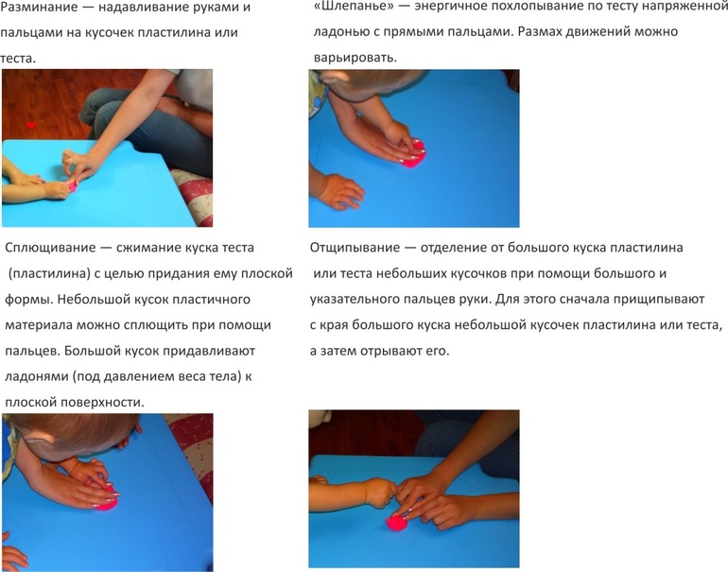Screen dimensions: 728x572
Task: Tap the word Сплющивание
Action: [x=50, y=248]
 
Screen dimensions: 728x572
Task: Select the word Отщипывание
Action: [x=355, y=248]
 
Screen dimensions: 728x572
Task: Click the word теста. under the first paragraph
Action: [x=18, y=59]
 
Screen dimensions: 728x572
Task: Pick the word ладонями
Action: [x=36, y=376]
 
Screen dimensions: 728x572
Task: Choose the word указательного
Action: [x=356, y=300]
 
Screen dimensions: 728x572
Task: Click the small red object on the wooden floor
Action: [x=31, y=125]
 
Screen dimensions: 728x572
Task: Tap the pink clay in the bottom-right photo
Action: [x=397, y=523]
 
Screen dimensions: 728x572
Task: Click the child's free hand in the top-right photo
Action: [x=338, y=191]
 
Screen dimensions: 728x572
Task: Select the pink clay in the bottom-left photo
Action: [x=108, y=500]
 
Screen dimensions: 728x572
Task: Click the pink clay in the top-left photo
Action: [x=72, y=185]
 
